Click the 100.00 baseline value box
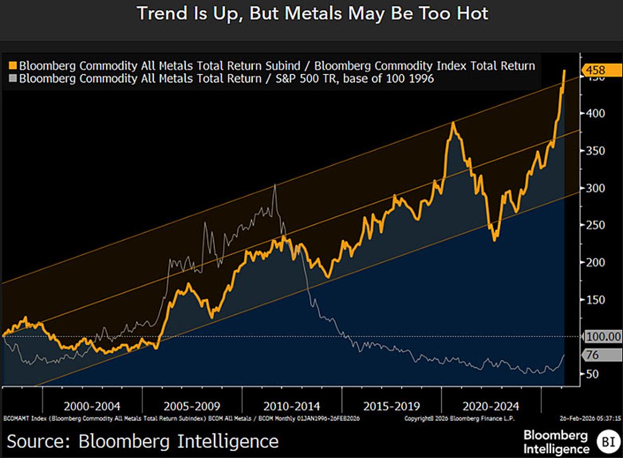tap(603, 337)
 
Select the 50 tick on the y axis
tap(590, 374)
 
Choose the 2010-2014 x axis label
tap(292, 406)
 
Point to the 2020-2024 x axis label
tap(492, 406)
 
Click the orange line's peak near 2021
tap(453, 123)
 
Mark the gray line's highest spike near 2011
tap(275, 185)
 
